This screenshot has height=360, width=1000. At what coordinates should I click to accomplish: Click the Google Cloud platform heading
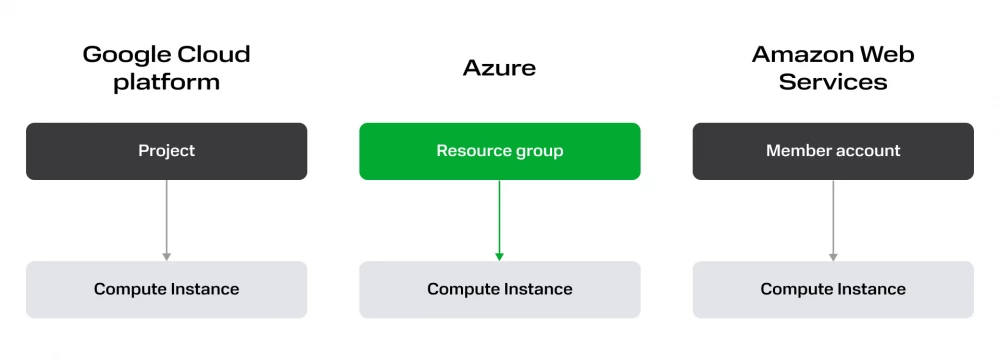click(166, 68)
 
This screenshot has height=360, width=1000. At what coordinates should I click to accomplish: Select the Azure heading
click(499, 68)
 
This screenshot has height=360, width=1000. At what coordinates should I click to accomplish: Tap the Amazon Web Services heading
click(833, 68)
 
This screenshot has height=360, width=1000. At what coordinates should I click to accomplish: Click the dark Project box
click(166, 151)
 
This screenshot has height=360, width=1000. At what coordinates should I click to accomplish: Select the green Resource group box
click(499, 151)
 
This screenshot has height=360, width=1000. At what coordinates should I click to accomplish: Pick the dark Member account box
click(833, 151)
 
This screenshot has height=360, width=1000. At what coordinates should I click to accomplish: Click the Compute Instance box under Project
click(166, 289)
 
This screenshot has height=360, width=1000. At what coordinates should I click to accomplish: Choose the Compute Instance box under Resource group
click(499, 289)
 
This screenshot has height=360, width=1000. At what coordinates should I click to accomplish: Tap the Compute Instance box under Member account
click(833, 289)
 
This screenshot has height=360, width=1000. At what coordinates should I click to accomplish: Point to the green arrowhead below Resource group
click(499, 256)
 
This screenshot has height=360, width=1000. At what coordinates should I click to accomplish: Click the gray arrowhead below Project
click(166, 256)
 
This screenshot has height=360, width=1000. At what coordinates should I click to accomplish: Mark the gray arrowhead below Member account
click(833, 256)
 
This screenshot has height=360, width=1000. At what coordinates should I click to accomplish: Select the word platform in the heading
click(166, 83)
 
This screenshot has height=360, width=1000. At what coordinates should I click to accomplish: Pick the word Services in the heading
click(833, 83)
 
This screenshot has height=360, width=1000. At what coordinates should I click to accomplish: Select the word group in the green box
click(538, 152)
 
